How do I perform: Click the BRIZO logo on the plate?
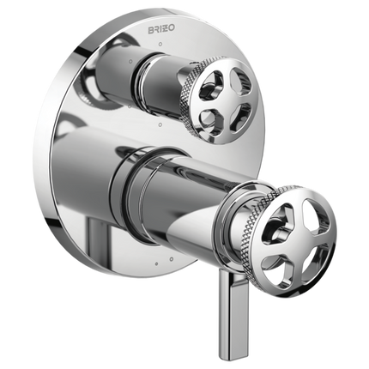point(161,30)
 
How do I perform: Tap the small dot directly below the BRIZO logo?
point(160,45)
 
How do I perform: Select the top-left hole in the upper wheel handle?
point(212,82)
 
